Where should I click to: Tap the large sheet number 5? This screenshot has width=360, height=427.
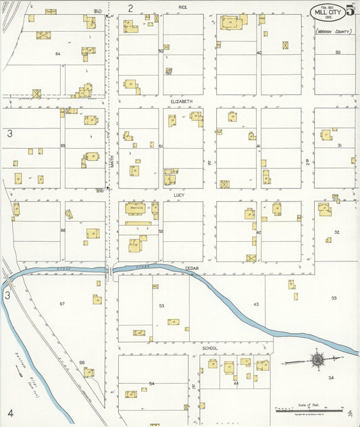tap(350, 10)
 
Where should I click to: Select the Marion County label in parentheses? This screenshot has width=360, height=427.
tap(334, 31)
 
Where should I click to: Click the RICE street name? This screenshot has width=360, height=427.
tap(182, 7)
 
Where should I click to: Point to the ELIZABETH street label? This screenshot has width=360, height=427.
tap(181, 101)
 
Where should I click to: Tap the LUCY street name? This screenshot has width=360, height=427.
tap(179, 195)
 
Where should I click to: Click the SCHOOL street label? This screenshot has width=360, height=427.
tap(210, 348)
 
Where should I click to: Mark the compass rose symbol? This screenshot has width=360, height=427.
tap(317, 359)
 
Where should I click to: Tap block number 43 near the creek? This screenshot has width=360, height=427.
tap(256, 305)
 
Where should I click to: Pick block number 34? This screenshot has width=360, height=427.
tap(331, 378)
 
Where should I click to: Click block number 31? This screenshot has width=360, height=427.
tap(340, 145)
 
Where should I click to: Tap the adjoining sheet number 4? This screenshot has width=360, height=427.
tap(11, 412)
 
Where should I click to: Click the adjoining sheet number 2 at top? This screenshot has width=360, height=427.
tap(130, 8)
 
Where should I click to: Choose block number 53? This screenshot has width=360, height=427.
tap(161, 306)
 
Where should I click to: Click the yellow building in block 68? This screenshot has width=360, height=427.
tap(89, 372)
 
